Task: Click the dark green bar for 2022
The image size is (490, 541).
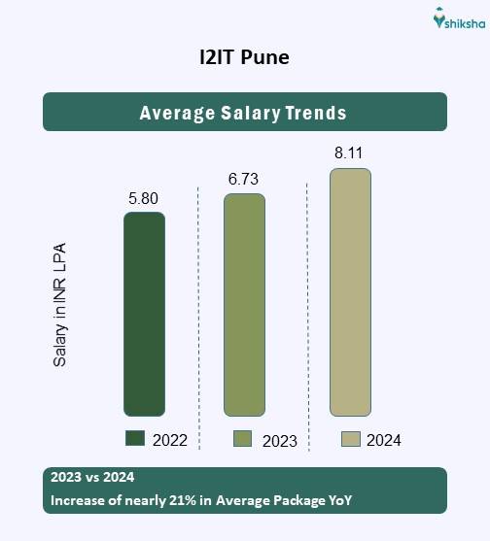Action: coord(144,314)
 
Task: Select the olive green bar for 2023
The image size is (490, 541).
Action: coord(244,304)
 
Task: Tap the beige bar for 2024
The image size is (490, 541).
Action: coord(350,292)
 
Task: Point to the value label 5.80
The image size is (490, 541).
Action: coord(143,199)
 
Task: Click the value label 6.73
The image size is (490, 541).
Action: coord(244,181)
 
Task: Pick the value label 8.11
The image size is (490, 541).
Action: coord(350,152)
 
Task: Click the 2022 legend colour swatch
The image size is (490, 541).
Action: coord(135,439)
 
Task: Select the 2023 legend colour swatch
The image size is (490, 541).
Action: coord(243,439)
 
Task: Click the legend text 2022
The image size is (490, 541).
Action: coord(170,440)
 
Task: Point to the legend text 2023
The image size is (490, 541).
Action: coord(279,441)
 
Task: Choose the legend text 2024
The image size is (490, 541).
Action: coord(384,440)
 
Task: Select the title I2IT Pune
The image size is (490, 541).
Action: coord(244,57)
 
